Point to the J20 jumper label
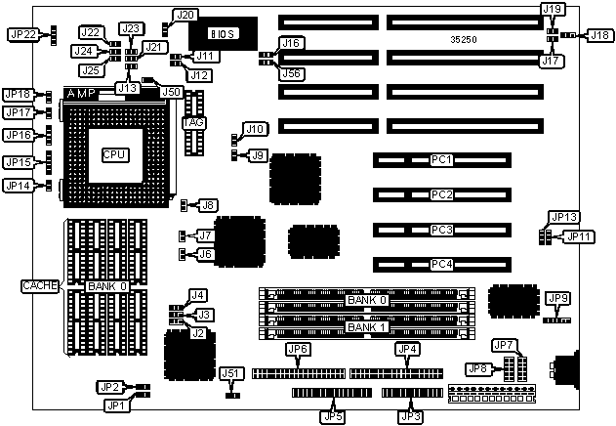(185, 15)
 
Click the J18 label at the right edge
(598, 35)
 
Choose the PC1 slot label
(441, 159)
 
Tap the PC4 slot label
(441, 265)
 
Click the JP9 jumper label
(559, 298)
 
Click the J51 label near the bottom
(230, 373)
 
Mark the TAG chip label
(192, 122)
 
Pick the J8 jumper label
(208, 205)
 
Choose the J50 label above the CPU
(172, 92)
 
